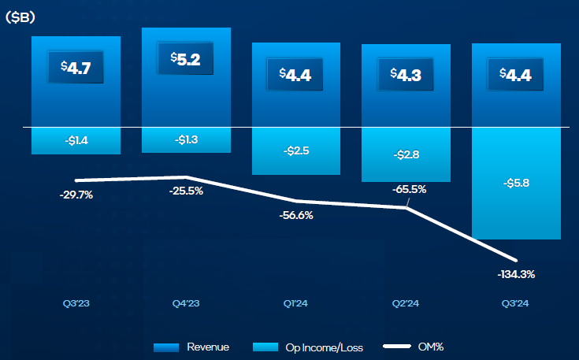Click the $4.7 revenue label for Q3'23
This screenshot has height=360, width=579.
point(76,67)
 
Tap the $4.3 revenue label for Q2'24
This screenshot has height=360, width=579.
point(405,73)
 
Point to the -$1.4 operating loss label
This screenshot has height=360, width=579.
point(76,141)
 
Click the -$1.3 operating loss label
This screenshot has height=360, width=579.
point(186,139)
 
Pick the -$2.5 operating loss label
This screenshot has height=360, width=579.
point(296,150)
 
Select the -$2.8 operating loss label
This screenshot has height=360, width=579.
point(406,155)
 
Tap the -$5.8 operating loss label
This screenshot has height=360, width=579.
point(516,184)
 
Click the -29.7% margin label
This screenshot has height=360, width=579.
point(76,195)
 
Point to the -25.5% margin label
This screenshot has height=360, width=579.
point(186,191)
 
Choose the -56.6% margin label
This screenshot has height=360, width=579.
point(296,215)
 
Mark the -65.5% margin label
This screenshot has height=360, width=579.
point(408,189)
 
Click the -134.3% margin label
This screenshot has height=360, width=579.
point(516,274)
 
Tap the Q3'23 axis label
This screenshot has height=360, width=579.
point(76,302)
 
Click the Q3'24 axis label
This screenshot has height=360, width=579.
point(516,302)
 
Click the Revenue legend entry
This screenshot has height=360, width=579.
point(192,347)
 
